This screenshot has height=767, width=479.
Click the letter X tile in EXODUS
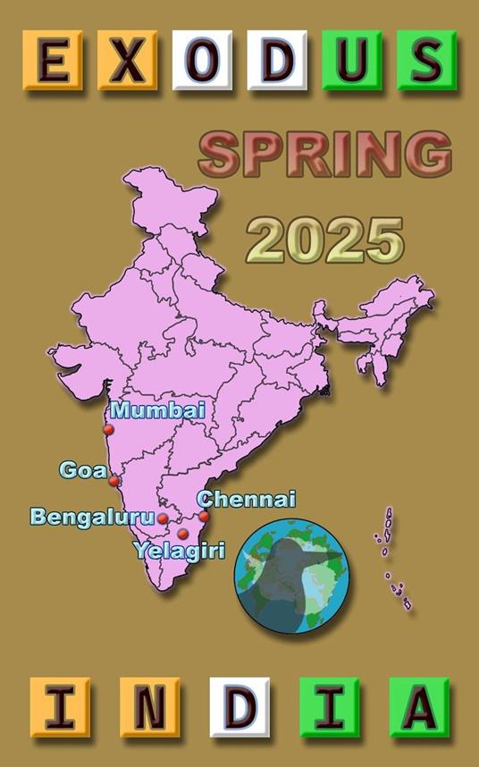pos(127,60)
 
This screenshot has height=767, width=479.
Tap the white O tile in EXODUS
pos(202,60)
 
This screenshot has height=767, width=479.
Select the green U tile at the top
pos(351,60)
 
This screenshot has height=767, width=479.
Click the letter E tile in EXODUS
pos(53,60)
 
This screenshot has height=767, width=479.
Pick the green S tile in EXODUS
pos(426,60)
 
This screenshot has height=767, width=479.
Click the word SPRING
pos(325,155)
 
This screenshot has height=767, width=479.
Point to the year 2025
pos(325,240)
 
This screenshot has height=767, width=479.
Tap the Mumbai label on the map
pos(157,410)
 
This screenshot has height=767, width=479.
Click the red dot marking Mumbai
pos(109,429)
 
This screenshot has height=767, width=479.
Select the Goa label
pos(83,469)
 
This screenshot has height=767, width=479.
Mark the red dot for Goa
pos(114,481)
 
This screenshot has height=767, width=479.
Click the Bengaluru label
pos(92,517)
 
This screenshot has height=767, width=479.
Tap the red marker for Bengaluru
pos(164,518)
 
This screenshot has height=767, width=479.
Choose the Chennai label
pos(246,500)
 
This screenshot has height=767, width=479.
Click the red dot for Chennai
pos(204,516)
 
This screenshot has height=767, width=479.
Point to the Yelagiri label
pos(179,550)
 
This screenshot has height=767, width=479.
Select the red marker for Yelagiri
pos(183,534)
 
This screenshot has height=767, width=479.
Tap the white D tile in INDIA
pos(239,706)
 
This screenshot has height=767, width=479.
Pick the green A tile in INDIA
pos(419,706)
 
